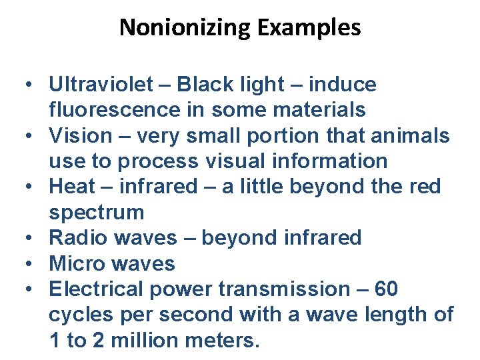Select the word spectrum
tap(96, 213)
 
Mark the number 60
tap(387, 289)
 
